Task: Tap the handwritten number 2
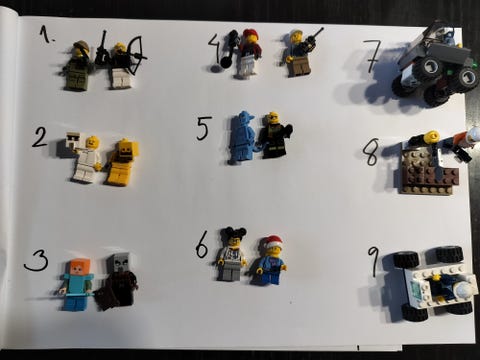(x=40, y=138)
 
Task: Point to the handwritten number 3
(x=36, y=260)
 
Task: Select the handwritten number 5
(x=204, y=128)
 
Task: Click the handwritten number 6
(x=202, y=244)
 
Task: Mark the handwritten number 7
(x=371, y=56)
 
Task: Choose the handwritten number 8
(x=371, y=152)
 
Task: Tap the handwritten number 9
(x=373, y=262)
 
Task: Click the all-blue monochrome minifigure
(x=241, y=138)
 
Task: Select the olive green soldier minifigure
(x=77, y=66)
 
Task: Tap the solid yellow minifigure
(x=121, y=162)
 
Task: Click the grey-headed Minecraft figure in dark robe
(x=117, y=281)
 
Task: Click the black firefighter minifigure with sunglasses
(x=275, y=135)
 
